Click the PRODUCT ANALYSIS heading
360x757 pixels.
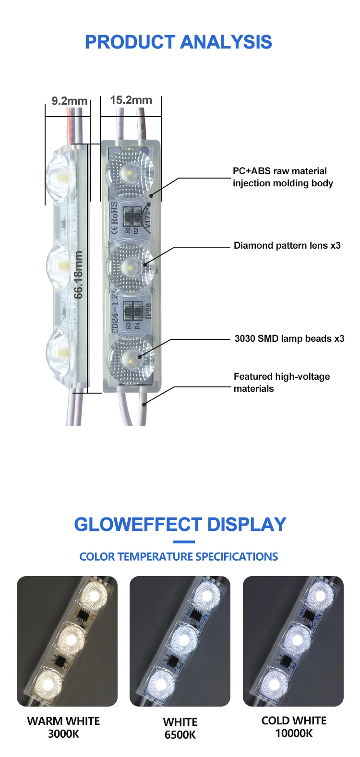[179, 42]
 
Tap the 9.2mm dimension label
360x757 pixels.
[69, 101]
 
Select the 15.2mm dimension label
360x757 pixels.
[131, 100]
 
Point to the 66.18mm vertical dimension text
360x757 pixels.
[79, 275]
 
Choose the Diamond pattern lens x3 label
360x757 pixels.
[287, 246]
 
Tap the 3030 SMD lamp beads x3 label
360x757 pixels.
[289, 339]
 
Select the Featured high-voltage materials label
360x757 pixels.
[281, 383]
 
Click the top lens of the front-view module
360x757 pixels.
[130, 171]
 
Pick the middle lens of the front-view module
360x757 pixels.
[130, 265]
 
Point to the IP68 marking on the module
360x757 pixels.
[148, 311]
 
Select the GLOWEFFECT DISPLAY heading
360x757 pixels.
[180, 525]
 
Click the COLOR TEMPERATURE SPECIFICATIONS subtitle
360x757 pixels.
[179, 557]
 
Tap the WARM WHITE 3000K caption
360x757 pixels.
[63, 727]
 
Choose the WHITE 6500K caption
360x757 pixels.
[180, 728]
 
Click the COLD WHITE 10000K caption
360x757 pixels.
[294, 727]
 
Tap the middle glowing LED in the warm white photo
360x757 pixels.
[71, 639]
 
